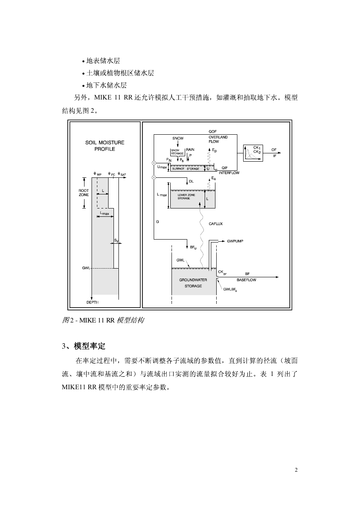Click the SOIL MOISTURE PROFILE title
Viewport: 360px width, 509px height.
tap(105, 145)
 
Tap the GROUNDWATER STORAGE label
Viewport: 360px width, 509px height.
tap(193, 283)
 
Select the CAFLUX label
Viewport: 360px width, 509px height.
tap(215, 224)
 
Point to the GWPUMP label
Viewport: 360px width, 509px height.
tap(235, 241)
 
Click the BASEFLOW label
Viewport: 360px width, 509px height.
tap(246, 280)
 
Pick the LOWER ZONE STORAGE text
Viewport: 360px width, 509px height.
tap(186, 196)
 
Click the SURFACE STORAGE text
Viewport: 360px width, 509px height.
tap(186, 169)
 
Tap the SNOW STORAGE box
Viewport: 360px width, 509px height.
tap(177, 152)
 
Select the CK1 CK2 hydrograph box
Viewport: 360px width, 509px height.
tap(253, 153)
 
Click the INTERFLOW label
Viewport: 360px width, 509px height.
tap(229, 173)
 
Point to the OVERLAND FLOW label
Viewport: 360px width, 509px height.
tap(218, 139)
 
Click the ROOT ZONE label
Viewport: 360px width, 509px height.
tap(84, 193)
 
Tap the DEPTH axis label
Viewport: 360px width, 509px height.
tap(92, 303)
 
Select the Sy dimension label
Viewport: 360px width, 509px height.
tap(116, 240)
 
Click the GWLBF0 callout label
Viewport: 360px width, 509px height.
tap(230, 289)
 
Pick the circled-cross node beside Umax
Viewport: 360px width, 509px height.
tap(154, 163)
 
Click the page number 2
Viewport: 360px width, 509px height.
tap(296, 470)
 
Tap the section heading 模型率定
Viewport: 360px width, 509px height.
tap(89, 346)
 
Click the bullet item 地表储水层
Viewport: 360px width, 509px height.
tap(103, 61)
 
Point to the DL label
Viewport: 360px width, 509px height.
tap(191, 181)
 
